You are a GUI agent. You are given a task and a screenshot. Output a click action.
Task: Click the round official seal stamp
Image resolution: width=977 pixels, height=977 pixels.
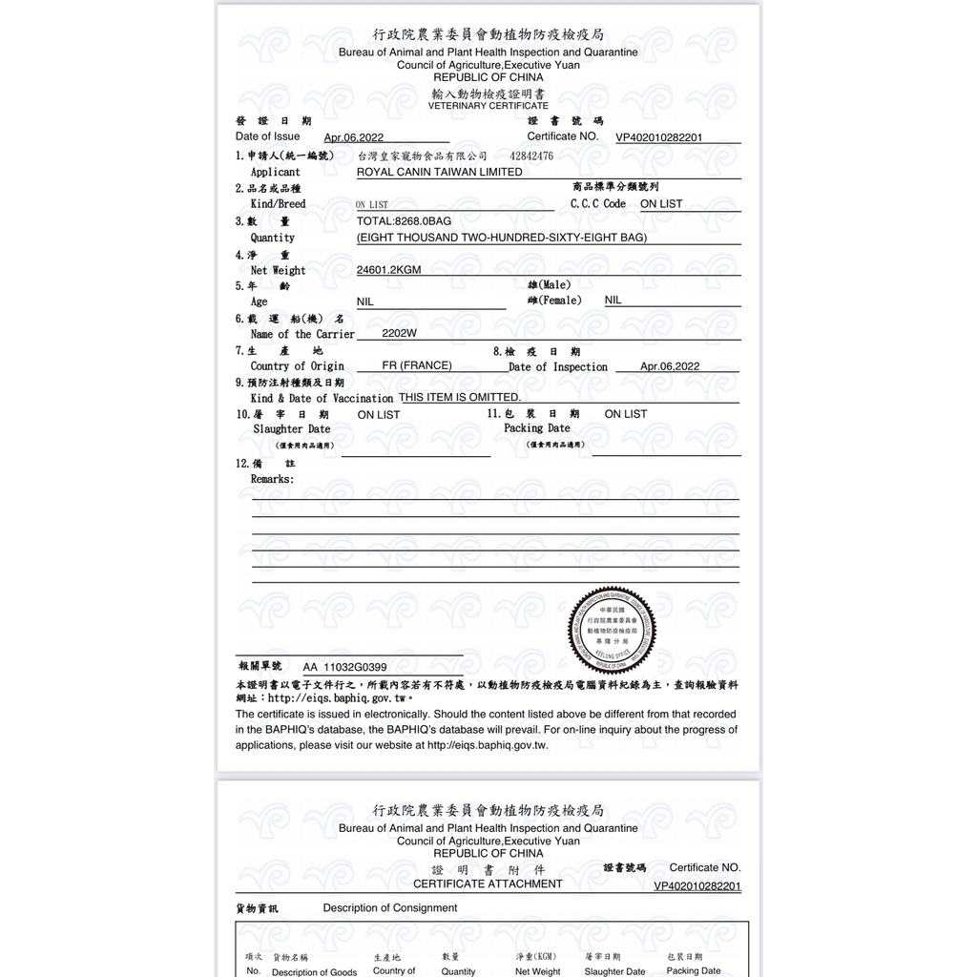[613, 629]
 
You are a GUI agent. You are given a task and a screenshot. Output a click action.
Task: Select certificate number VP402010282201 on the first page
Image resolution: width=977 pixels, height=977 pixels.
[659, 137]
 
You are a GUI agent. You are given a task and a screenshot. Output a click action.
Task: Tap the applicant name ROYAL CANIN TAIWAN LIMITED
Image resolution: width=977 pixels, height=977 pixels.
[439, 173]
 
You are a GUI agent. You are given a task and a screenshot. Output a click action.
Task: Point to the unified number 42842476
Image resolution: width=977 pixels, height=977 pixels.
[531, 156]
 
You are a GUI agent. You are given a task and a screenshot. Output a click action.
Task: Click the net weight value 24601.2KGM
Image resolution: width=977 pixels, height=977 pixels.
[388, 270]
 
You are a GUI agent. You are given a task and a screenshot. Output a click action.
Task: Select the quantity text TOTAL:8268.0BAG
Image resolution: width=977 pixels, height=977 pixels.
[404, 220]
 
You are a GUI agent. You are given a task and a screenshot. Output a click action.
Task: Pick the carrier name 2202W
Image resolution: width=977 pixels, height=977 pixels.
[399, 334]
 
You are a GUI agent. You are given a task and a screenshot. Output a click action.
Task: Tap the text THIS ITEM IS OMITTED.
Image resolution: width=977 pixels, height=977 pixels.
[460, 397]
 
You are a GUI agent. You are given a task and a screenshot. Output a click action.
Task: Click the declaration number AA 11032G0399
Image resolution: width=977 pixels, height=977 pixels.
[344, 667]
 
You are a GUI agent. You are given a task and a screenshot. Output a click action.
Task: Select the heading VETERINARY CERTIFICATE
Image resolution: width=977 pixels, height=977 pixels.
[488, 106]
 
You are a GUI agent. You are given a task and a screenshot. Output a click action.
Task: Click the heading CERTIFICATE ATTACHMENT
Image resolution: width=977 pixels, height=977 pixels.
[488, 883]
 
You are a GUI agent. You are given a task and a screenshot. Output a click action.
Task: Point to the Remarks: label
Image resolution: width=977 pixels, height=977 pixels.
[272, 479]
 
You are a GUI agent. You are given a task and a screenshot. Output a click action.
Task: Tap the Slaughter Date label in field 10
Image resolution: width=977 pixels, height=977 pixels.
[291, 429]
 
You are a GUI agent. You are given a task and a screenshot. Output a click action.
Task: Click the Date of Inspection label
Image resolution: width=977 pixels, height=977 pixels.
[558, 367]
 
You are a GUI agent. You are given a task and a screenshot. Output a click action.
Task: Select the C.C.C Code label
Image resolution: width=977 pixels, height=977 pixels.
[598, 204]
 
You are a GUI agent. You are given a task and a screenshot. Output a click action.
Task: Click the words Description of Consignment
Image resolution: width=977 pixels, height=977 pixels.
[390, 908]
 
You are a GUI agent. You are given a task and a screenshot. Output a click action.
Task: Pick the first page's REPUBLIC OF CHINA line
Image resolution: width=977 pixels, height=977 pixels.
[488, 77]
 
